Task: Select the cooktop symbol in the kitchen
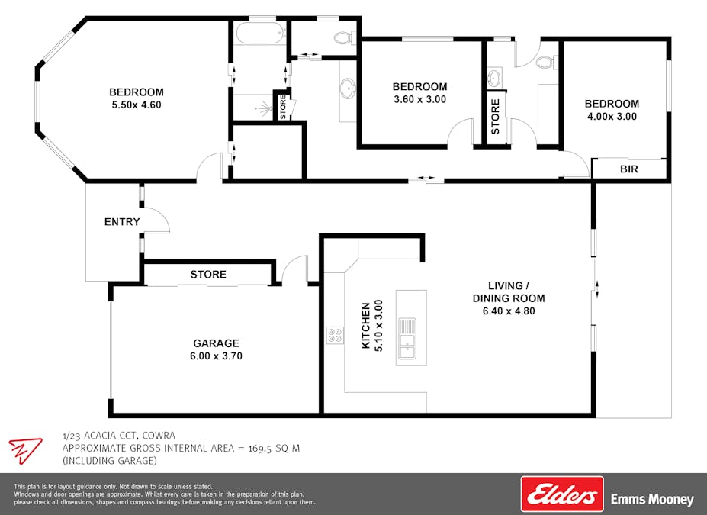pyautogui.click(x=335, y=335)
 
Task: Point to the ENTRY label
pyautogui.click(x=122, y=222)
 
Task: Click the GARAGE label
pyautogui.click(x=216, y=343)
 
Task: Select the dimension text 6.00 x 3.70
pyautogui.click(x=216, y=356)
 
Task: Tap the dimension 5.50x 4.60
pyautogui.click(x=137, y=105)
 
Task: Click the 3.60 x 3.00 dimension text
pyautogui.click(x=419, y=99)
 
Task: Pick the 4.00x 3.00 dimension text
pyautogui.click(x=612, y=117)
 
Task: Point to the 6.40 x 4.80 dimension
pyautogui.click(x=509, y=311)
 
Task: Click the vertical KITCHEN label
pyautogui.click(x=366, y=325)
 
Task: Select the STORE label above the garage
pyautogui.click(x=208, y=275)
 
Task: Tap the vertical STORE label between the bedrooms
pyautogui.click(x=495, y=117)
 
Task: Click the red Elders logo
pyautogui.click(x=561, y=494)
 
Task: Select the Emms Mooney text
pyautogui.click(x=652, y=500)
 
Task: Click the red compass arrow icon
pyautogui.click(x=25, y=450)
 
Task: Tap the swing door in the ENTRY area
pyautogui.click(x=156, y=221)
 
